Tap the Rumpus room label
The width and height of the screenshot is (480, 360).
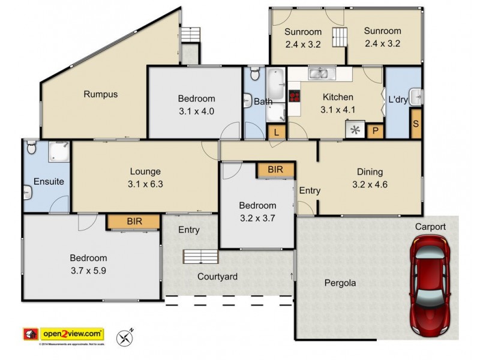(x=100, y=94)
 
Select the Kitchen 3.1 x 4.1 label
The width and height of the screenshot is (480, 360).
(x=338, y=103)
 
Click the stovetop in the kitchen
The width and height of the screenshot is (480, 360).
(x=295, y=98)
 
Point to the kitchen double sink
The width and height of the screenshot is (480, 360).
(x=322, y=74)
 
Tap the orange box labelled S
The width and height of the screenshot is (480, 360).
(x=415, y=126)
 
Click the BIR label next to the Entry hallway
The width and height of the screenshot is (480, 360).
(x=275, y=170)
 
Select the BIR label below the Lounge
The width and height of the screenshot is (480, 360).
(x=134, y=221)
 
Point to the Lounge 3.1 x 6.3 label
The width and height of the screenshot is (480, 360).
(x=145, y=177)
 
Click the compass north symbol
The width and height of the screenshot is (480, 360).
(x=125, y=336)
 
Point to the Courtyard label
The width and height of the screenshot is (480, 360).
(x=218, y=277)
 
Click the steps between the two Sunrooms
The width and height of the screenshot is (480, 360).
(x=340, y=37)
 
